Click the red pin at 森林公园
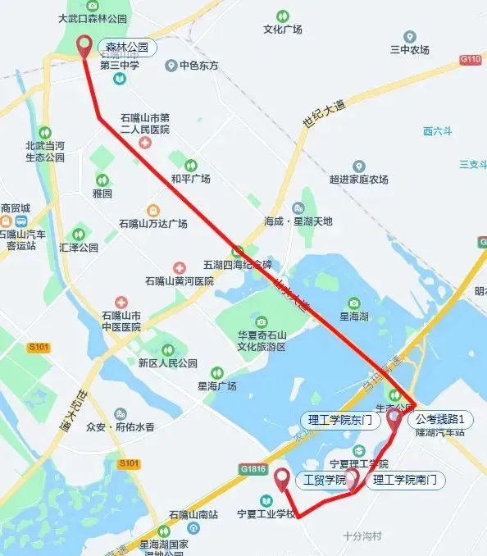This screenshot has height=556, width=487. (x=84, y=46)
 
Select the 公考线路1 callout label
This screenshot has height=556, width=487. (x=445, y=418)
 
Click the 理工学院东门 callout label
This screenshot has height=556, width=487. (x=341, y=420)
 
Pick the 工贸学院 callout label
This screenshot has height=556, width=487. (x=325, y=480)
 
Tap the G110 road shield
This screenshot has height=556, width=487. (x=471, y=59)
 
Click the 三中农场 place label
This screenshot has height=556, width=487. (x=410, y=49)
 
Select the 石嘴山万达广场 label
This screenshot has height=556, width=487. (x=153, y=223)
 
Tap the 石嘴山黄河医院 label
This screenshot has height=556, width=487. (x=180, y=280)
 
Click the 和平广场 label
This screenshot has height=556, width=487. (x=190, y=178)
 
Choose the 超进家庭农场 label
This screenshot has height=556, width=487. (x=358, y=180)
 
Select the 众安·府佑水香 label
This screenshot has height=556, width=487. (x=121, y=426)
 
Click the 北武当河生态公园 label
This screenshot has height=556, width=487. (x=45, y=151)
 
